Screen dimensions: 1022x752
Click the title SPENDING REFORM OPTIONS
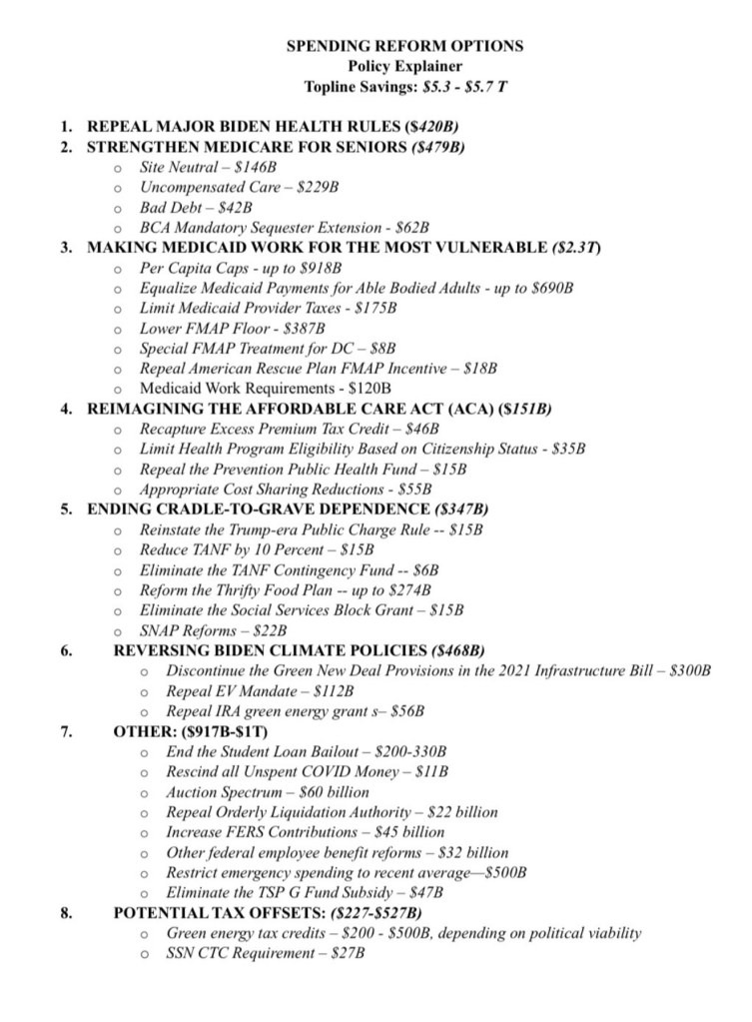point(404,46)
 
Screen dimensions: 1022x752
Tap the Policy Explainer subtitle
point(404,66)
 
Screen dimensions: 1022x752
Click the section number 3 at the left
point(65,248)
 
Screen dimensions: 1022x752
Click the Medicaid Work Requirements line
point(265,388)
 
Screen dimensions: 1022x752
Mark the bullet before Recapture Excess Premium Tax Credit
point(119,430)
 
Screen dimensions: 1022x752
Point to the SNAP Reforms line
point(213,630)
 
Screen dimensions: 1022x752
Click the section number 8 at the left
point(65,912)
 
